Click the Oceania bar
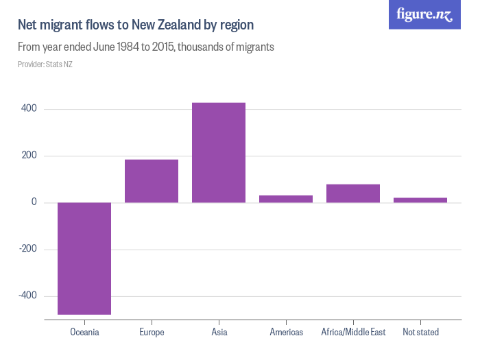point(84,259)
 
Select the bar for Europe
point(152,181)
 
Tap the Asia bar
point(219,152)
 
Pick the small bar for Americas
point(286,199)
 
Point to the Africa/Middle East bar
point(353,193)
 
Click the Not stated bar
point(420,200)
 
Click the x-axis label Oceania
point(84,333)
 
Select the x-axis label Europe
point(152,333)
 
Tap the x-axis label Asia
point(219,333)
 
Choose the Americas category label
point(286,333)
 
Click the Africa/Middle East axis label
point(353,333)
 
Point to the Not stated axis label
point(420,333)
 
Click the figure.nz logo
point(425,15)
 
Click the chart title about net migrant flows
point(136,25)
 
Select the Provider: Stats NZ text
point(45,64)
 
